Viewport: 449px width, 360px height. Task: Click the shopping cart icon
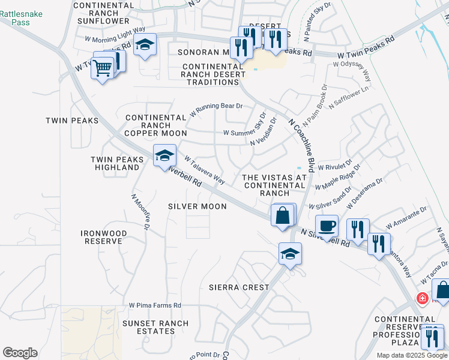pyautogui.click(x=103, y=68)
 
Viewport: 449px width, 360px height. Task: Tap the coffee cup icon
pyautogui.click(x=327, y=226)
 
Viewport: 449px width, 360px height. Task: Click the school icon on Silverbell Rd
pyautogui.click(x=164, y=156)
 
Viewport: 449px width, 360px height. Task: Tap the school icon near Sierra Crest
pyautogui.click(x=290, y=254)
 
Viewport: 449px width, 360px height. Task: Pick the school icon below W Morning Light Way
pyautogui.click(x=145, y=45)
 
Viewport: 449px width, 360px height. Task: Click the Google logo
pyautogui.click(x=20, y=353)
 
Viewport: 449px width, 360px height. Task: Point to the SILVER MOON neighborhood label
pyautogui.click(x=197, y=206)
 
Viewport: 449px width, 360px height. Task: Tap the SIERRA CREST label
pyautogui.click(x=239, y=287)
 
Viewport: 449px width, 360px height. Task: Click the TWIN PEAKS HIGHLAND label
pyautogui.click(x=117, y=163)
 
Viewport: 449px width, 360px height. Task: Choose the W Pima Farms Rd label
pyautogui.click(x=155, y=305)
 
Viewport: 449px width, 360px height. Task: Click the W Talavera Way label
pyautogui.click(x=205, y=170)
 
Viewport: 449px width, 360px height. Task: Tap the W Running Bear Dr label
pyautogui.click(x=216, y=109)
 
